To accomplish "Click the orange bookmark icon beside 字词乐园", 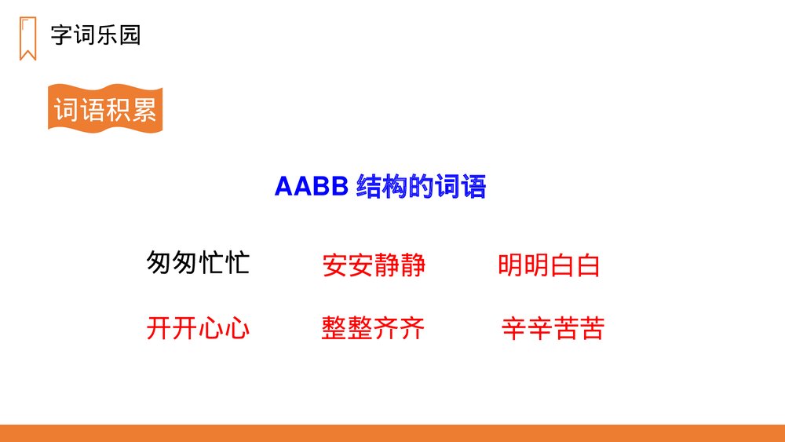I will (27, 37).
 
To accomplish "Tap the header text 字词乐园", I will (95, 35).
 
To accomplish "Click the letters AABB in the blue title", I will (311, 188).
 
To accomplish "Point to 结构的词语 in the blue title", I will (421, 188).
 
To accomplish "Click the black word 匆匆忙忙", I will (198, 263).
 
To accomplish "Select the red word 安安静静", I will (374, 265).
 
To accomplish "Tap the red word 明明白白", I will (549, 265).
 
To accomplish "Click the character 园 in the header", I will (130, 35).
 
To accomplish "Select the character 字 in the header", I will (61, 35).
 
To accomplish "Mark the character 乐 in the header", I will (107, 35).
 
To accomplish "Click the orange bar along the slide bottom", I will (392, 433).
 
